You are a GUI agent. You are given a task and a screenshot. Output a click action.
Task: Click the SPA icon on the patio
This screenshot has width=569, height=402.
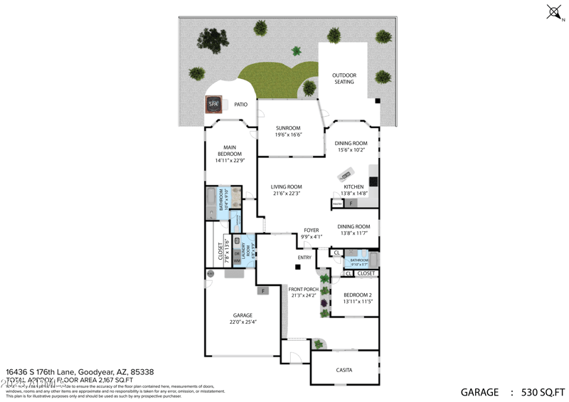click(x=213, y=105)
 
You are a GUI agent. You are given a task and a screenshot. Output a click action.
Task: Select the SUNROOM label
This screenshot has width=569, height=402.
click(x=289, y=128)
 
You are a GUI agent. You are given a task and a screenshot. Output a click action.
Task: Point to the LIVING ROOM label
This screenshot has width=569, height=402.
click(x=287, y=187)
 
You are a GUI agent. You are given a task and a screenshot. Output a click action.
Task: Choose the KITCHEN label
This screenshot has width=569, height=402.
click(x=353, y=187)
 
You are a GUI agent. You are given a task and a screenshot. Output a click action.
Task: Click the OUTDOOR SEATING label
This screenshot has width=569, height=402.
click(x=344, y=78)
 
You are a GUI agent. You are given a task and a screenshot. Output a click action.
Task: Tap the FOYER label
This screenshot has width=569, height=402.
click(x=312, y=230)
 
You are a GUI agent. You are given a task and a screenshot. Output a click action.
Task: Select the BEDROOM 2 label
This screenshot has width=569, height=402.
click(x=357, y=295)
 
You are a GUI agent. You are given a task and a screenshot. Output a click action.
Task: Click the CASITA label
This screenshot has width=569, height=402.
click(x=344, y=370)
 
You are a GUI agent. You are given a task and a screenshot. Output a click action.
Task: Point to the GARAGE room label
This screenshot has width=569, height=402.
click(x=243, y=315)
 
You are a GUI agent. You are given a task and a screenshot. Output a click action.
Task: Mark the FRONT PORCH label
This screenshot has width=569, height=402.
click(x=304, y=289)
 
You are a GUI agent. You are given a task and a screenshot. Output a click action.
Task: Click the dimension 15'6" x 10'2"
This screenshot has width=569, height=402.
click(x=351, y=150)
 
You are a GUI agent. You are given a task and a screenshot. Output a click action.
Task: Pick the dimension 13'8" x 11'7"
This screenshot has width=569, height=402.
click(x=353, y=233)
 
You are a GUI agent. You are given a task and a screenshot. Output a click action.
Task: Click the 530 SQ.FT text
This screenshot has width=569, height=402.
click(x=543, y=391)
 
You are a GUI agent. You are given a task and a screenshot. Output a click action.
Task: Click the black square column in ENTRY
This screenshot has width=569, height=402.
click(x=298, y=267)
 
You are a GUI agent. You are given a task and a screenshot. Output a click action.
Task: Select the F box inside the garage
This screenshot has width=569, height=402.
click(x=263, y=290)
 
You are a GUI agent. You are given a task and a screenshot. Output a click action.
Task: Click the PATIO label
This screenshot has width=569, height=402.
click(x=241, y=105)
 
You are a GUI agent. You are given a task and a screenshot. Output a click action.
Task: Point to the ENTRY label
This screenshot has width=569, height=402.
click(x=304, y=258)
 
